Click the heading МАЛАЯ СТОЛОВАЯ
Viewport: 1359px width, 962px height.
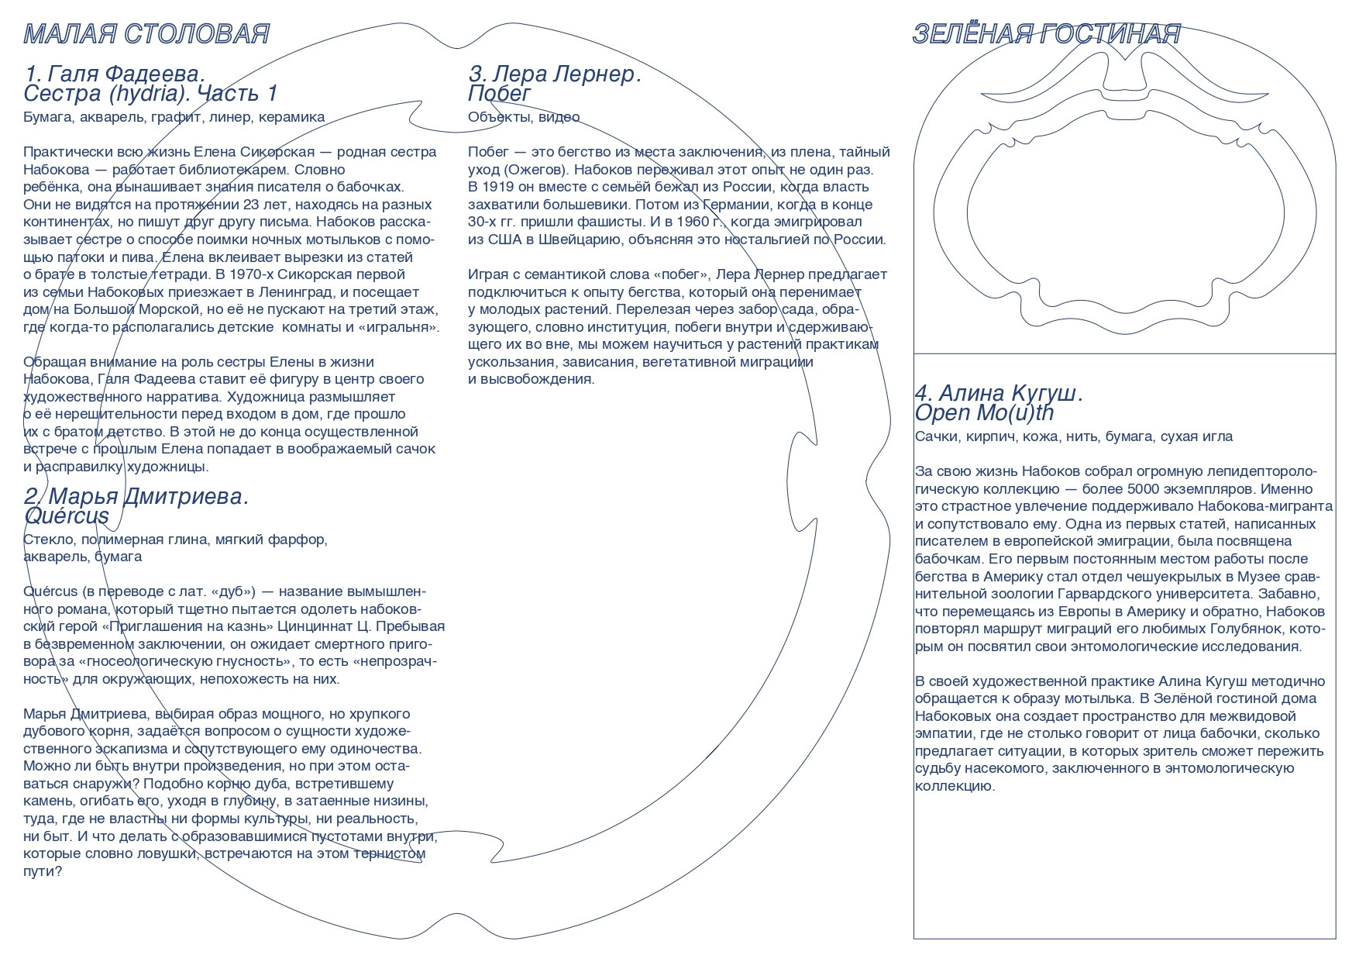(x=146, y=34)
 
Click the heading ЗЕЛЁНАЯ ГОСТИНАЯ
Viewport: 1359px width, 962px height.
(x=1046, y=34)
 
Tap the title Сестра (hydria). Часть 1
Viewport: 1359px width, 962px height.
(x=150, y=94)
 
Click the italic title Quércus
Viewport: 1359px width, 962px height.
(x=67, y=516)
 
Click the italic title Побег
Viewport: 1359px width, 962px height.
(x=500, y=94)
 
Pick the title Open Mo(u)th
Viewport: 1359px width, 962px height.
(x=984, y=413)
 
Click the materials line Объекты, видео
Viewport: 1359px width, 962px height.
(x=524, y=117)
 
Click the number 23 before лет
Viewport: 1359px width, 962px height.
(x=251, y=205)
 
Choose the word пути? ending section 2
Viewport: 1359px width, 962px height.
(x=43, y=871)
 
